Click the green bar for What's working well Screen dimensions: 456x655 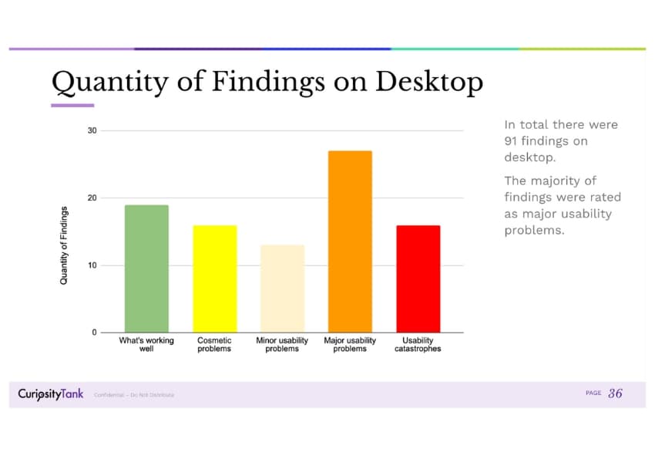pyautogui.click(x=146, y=269)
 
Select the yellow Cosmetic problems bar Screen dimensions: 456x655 pyautogui.click(x=214, y=279)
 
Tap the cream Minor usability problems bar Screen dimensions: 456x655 pyautogui.click(x=282, y=289)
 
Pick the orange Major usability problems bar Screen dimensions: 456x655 pyautogui.click(x=350, y=242)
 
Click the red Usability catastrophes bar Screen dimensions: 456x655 pyautogui.click(x=418, y=279)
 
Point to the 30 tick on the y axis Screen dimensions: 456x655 pyautogui.click(x=92, y=130)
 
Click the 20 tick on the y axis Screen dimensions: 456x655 pyautogui.click(x=92, y=198)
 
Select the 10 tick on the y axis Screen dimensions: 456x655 pyautogui.click(x=92, y=265)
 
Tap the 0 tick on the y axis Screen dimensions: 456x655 pyautogui.click(x=95, y=333)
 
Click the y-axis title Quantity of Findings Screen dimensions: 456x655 pyautogui.click(x=64, y=245)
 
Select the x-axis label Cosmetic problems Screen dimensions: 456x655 pyautogui.click(x=214, y=344)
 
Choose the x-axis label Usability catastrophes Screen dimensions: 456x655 pyautogui.click(x=418, y=344)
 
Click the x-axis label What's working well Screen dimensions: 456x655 pyautogui.click(x=146, y=344)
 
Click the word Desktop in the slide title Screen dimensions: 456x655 pyautogui.click(x=429, y=82)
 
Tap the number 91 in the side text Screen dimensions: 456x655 pyautogui.click(x=513, y=141)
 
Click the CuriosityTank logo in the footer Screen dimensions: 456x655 pyautogui.click(x=51, y=394)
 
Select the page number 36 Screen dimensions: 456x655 pyautogui.click(x=615, y=394)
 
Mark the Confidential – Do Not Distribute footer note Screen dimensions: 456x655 pyautogui.click(x=134, y=395)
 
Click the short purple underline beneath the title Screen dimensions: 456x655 pyautogui.click(x=72, y=105)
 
